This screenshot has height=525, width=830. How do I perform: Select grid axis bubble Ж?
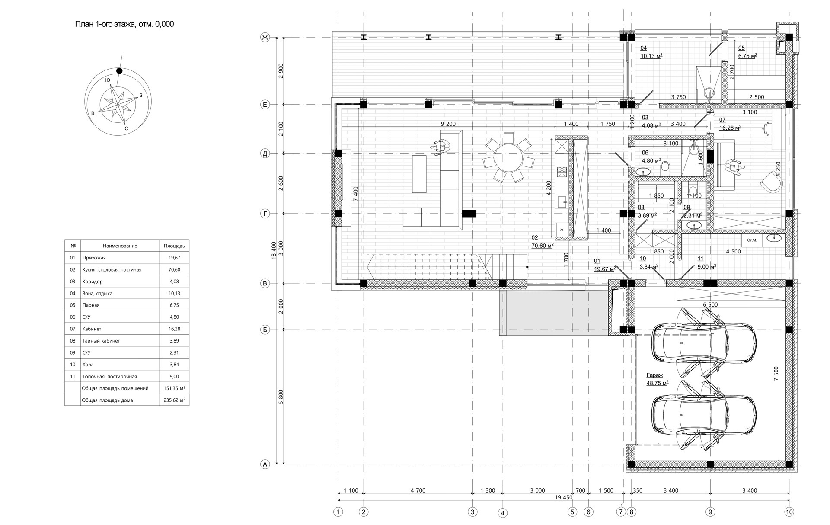(x=265, y=38)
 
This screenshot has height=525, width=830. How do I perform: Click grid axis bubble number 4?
(x=503, y=513)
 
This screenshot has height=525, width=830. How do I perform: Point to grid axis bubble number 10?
(x=789, y=512)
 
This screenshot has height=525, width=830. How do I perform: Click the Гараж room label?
(x=654, y=375)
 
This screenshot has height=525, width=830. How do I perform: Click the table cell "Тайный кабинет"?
(x=101, y=341)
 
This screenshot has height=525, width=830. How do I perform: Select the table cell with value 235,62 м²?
(x=174, y=400)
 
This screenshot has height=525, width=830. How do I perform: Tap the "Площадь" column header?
(x=174, y=246)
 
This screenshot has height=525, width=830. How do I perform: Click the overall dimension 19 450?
(x=563, y=498)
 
